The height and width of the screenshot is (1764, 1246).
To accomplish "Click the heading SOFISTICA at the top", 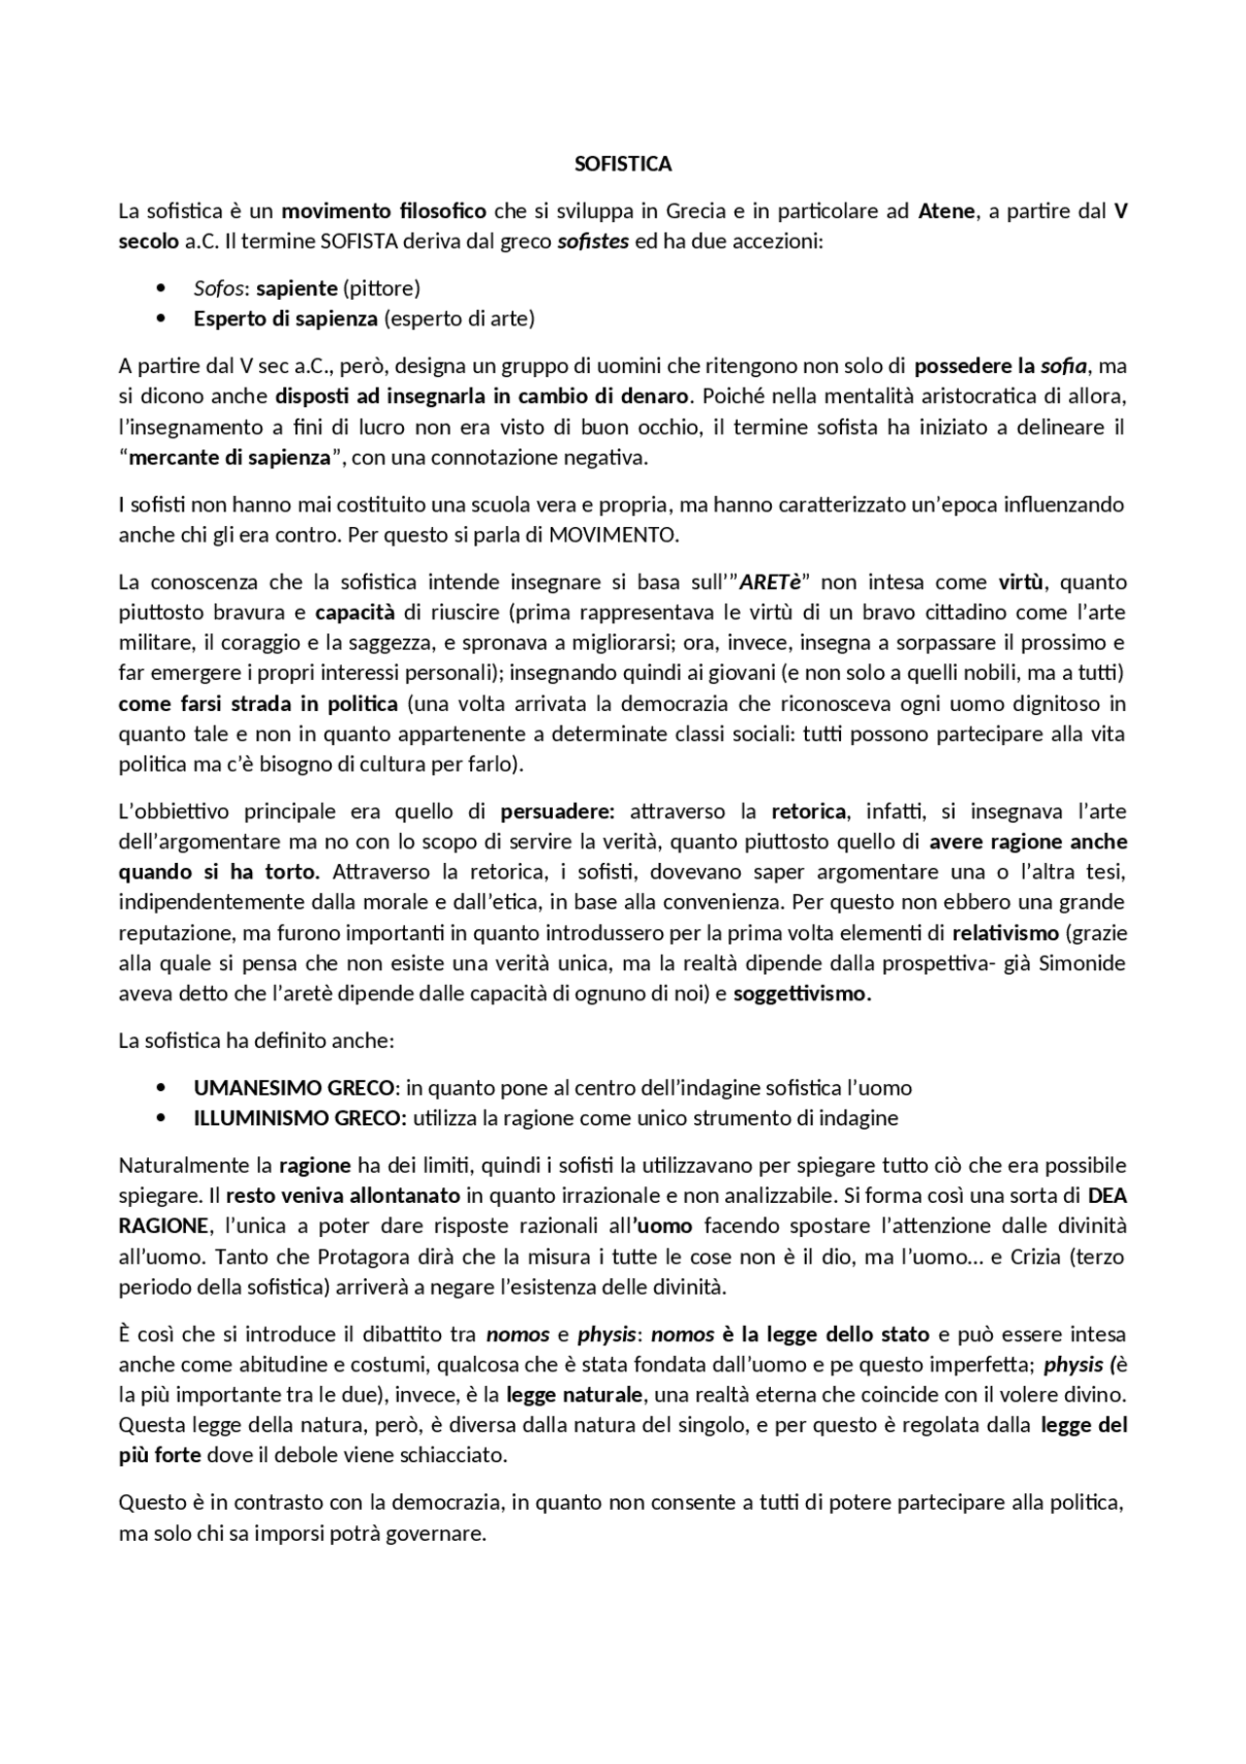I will coord(623,164).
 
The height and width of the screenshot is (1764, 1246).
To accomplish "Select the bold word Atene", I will coord(946,211).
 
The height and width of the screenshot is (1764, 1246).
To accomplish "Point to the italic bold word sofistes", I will coord(593,241).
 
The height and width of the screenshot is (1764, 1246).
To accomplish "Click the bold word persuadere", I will coord(557,811).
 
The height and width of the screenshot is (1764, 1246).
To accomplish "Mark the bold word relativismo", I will coord(1006,933).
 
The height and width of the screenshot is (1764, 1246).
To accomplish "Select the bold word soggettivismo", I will coord(802,995).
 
